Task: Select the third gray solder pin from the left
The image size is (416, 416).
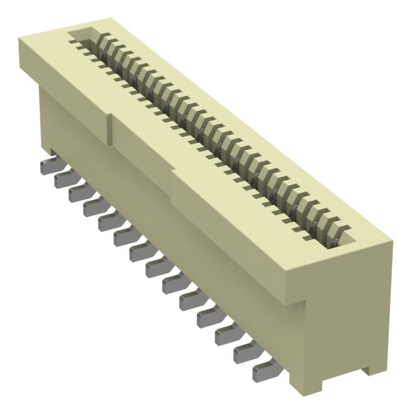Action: tap(77, 192)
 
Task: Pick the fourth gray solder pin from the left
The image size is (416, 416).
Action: tap(92, 207)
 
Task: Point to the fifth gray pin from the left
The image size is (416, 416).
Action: tap(108, 222)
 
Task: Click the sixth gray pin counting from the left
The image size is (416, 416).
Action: tap(123, 238)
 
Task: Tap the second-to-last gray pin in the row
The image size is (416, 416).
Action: tap(245, 352)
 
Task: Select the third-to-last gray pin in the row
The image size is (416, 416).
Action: tap(227, 335)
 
